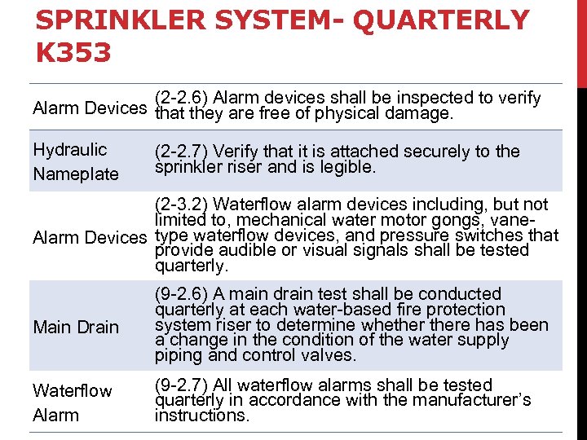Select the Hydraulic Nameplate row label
tap(75, 161)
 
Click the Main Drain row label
tap(76, 327)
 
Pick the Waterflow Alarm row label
tap(73, 403)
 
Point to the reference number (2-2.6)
tap(183, 98)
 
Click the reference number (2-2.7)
tap(183, 151)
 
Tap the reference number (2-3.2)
tap(183, 204)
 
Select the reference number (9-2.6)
tap(183, 293)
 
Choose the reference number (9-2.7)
tap(183, 385)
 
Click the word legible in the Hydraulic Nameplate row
tap(347, 167)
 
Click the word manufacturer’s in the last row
tap(477, 400)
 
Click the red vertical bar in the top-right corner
tap(581, 41)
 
